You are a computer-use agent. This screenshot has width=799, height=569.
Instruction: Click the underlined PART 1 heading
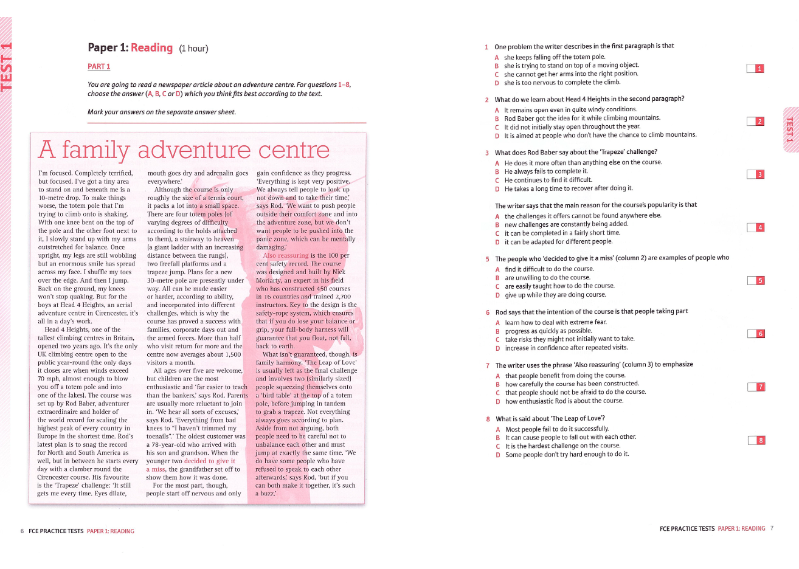(99, 66)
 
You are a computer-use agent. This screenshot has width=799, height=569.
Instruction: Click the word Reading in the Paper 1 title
(151, 47)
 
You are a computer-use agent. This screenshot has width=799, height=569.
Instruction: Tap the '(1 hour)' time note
(193, 49)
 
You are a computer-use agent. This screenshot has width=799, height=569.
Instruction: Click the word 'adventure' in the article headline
(194, 150)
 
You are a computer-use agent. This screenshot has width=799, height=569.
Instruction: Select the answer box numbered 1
(755, 69)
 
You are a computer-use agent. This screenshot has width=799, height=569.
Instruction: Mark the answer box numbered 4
(755, 227)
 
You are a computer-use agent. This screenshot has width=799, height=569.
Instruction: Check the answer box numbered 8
(756, 440)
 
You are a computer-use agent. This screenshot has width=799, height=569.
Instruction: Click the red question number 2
(486, 100)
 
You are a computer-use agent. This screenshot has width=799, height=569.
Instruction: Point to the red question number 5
(487, 259)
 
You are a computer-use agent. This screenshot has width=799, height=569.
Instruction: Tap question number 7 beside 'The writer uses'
(488, 365)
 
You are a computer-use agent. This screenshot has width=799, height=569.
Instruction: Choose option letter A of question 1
(496, 57)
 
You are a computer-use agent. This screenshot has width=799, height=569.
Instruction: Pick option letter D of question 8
(497, 454)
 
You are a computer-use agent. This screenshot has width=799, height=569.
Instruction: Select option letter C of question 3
(497, 180)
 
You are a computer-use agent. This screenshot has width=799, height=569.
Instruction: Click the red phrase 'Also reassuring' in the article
(286, 255)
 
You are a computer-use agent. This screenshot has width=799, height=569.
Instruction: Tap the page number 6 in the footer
(22, 531)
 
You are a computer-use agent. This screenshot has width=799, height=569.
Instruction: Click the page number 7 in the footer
(772, 528)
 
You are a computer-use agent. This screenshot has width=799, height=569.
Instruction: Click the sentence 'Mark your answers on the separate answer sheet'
(162, 112)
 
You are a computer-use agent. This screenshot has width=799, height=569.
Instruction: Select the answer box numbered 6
(756, 334)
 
